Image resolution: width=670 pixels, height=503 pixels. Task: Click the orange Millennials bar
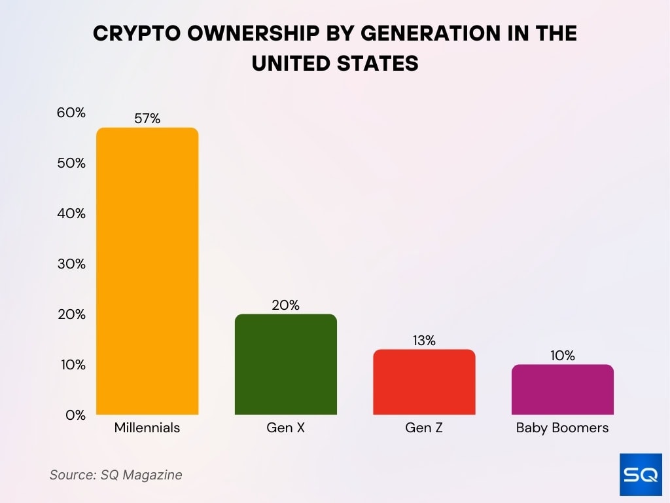(x=147, y=271)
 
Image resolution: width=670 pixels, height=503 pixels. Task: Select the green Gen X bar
(x=286, y=364)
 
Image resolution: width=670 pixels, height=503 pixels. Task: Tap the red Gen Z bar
(x=424, y=382)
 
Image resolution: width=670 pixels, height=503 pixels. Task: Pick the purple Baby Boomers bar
(x=563, y=390)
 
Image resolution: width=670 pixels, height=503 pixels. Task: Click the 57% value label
(x=147, y=119)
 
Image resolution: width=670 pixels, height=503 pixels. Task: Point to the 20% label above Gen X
(x=286, y=305)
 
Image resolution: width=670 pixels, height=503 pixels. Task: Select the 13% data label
(x=424, y=341)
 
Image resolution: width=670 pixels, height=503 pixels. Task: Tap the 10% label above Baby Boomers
(x=563, y=356)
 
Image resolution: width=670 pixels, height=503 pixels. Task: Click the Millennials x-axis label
(x=147, y=428)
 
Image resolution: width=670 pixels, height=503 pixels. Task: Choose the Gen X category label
(x=286, y=428)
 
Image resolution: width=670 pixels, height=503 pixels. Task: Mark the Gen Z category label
(x=424, y=428)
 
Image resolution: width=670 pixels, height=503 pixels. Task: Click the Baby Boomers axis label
(x=563, y=428)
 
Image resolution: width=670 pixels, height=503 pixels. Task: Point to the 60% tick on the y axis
(x=71, y=113)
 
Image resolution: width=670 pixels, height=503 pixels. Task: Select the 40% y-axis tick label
(x=71, y=214)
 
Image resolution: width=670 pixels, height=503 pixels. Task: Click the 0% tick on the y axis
(x=75, y=415)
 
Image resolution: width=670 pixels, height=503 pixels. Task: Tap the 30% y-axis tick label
(x=71, y=264)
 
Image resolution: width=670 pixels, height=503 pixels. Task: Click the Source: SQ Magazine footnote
(x=116, y=475)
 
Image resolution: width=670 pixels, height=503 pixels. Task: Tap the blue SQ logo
(x=640, y=474)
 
